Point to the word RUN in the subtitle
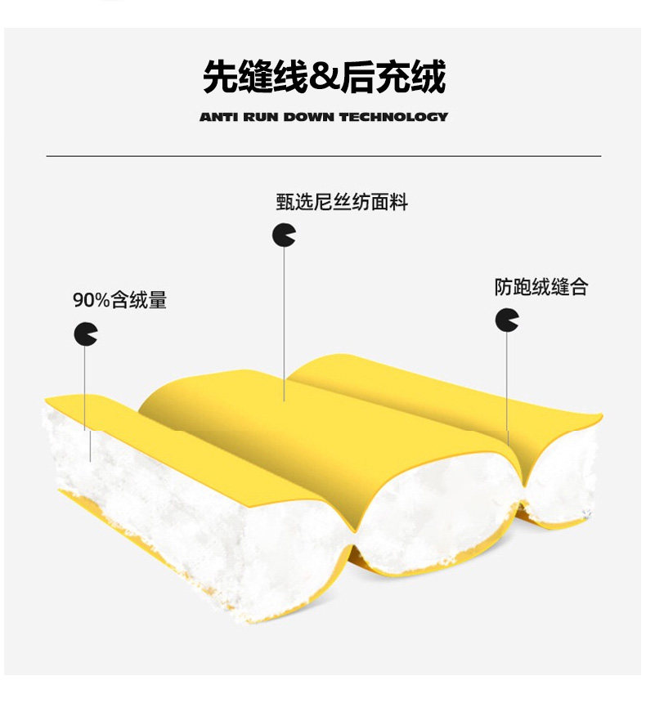click(x=262, y=117)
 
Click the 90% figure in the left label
click(x=91, y=300)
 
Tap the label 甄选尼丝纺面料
click(x=341, y=202)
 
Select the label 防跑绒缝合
click(x=541, y=287)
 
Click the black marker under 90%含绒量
click(x=85, y=334)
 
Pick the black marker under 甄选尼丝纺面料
click(x=284, y=235)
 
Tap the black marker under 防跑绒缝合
click(x=506, y=320)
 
